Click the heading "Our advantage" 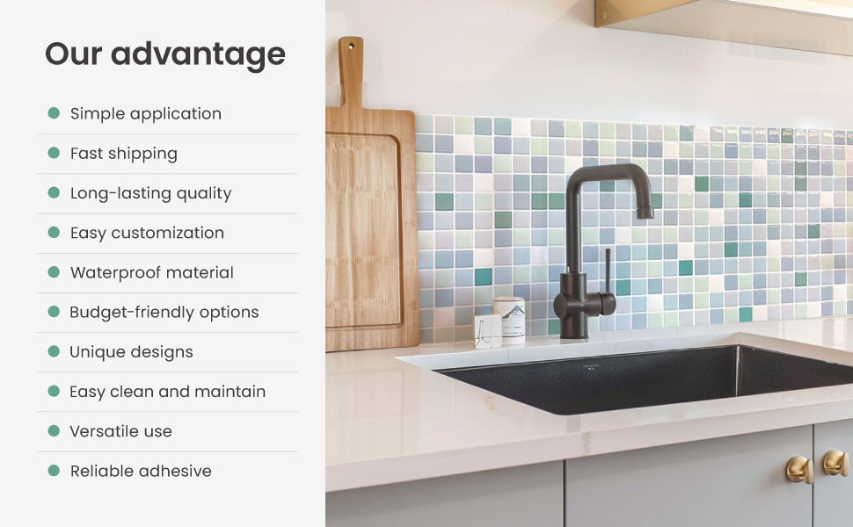[165, 54]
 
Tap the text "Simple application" [146, 113]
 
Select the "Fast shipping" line [124, 153]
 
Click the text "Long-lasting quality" [151, 193]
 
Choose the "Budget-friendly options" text [164, 312]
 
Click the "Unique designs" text [132, 351]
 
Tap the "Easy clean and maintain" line [168, 392]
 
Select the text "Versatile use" [121, 431]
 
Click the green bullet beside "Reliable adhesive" [54, 471]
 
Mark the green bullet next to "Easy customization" [54, 233]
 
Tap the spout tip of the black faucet [645, 212]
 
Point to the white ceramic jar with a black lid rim [508, 316]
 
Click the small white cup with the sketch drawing [487, 331]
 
